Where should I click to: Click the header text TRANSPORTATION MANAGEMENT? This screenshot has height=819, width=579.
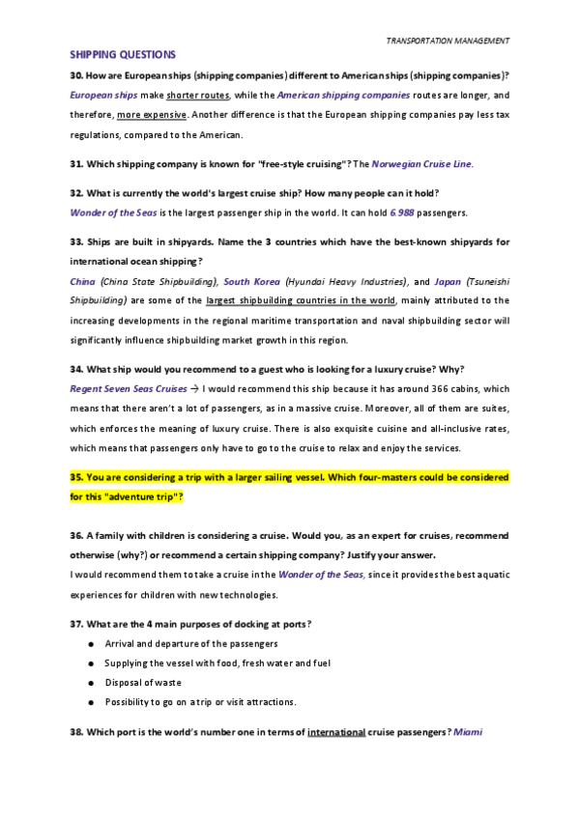coord(448,41)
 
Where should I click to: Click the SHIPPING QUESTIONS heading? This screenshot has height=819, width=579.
coord(123,55)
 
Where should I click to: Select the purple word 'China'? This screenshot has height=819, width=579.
coord(82,281)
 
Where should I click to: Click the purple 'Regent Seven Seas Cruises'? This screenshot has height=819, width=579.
coord(129,389)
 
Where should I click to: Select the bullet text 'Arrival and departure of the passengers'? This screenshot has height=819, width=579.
coord(191,643)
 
